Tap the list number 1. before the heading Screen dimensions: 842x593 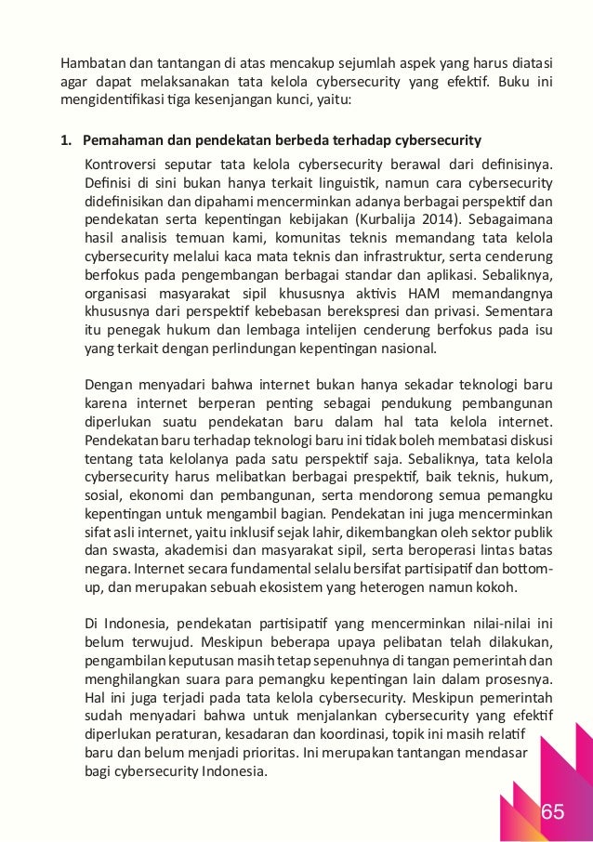point(66,141)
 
